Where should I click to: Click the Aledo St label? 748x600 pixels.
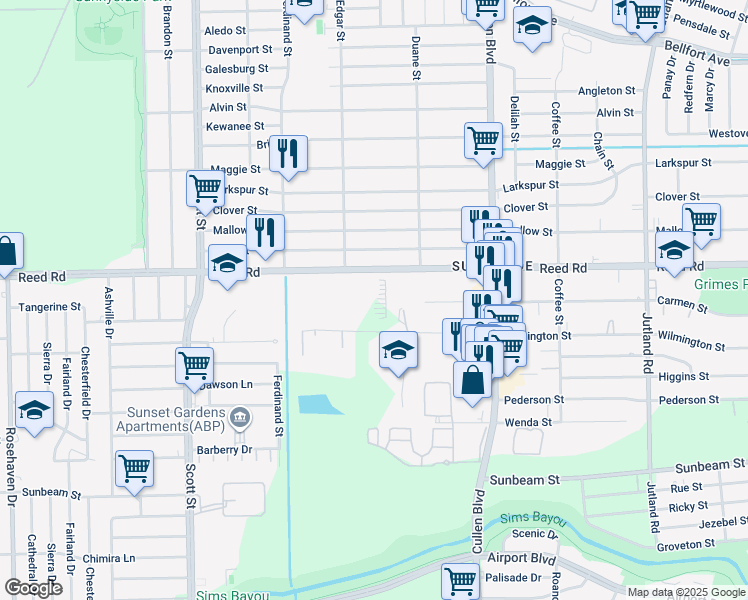click(225, 31)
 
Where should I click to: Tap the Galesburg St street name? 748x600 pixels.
click(236, 69)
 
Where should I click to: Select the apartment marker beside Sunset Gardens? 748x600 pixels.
click(240, 416)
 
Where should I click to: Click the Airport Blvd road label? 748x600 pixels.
click(521, 558)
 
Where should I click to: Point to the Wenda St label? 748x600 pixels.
click(528, 422)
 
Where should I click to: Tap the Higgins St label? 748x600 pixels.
click(684, 376)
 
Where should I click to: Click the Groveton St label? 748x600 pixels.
click(683, 546)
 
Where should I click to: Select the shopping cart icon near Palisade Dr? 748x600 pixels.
click(460, 578)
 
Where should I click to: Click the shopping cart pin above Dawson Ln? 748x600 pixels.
click(194, 364)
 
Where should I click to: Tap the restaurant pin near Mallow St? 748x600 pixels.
click(265, 231)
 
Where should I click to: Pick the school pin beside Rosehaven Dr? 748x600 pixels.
click(34, 409)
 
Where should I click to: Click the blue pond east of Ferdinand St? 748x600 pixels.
click(317, 405)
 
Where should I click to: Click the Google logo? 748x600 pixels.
click(34, 588)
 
